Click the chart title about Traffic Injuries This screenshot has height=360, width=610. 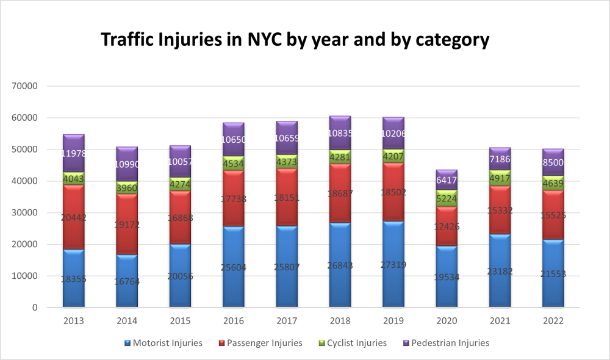click(x=295, y=40)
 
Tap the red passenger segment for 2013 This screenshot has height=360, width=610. click(x=73, y=217)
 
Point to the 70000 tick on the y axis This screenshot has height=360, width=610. click(x=26, y=86)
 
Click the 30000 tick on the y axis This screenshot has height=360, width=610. click(x=26, y=213)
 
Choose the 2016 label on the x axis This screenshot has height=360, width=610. click(x=234, y=321)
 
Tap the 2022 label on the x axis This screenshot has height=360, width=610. click(x=553, y=321)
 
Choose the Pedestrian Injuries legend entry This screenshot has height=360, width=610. click(x=447, y=343)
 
